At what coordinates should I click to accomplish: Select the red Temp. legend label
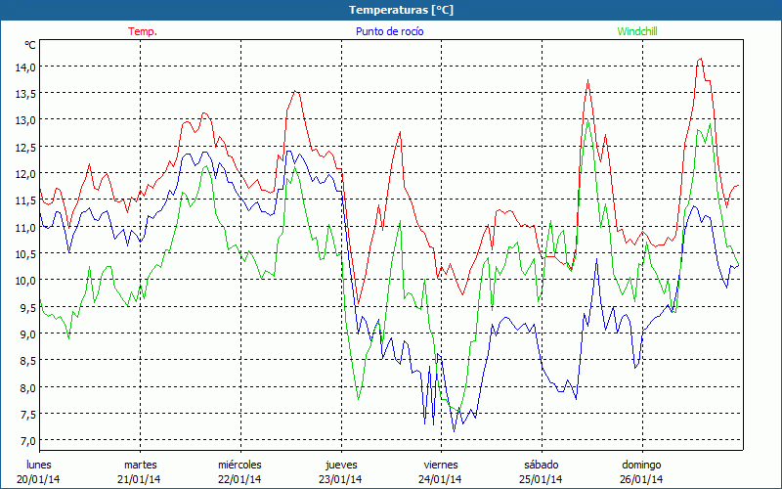click(x=143, y=31)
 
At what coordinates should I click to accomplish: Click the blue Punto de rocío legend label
click(x=383, y=31)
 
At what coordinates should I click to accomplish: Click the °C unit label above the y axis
click(x=30, y=45)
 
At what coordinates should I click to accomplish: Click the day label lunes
click(x=39, y=464)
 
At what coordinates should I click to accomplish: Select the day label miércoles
click(x=239, y=464)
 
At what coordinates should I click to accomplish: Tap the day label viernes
click(x=441, y=464)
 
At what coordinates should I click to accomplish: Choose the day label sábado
click(x=542, y=464)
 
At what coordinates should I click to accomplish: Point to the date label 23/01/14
click(x=340, y=479)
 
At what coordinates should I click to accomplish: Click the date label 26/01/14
click(x=642, y=479)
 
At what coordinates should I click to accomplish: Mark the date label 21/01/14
click(x=140, y=479)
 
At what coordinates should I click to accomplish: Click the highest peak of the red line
click(x=700, y=59)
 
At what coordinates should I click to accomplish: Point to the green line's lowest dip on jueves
click(x=359, y=400)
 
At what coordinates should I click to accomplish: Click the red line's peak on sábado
click(x=587, y=81)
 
